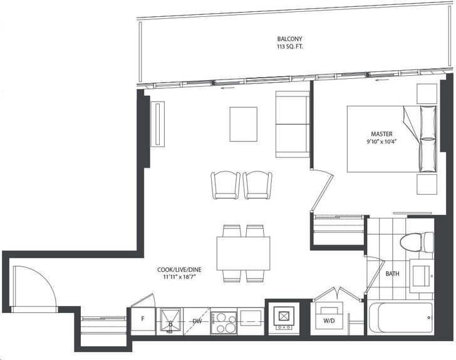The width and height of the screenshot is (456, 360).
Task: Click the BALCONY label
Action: click(x=289, y=39)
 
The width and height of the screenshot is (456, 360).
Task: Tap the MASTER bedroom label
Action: click(x=381, y=134)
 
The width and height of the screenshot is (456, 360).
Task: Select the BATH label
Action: click(x=392, y=274)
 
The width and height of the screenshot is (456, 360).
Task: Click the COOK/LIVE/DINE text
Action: click(x=179, y=270)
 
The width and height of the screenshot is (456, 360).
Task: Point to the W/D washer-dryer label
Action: click(x=329, y=321)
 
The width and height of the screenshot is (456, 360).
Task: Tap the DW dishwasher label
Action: click(x=197, y=321)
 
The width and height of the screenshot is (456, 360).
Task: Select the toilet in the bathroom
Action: click(x=417, y=242)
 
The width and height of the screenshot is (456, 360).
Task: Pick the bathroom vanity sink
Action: click(x=422, y=275)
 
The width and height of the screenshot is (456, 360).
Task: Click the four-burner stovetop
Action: click(x=224, y=322)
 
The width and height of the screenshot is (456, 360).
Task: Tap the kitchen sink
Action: click(x=169, y=321)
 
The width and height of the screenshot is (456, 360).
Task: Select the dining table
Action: click(x=243, y=254)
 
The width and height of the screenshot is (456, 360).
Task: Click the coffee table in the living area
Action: click(x=244, y=124)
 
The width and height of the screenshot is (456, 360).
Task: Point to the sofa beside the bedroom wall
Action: click(x=293, y=124)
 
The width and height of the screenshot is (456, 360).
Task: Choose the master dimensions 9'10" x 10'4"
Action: click(x=381, y=141)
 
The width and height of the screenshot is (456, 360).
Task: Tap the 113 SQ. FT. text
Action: click(x=289, y=46)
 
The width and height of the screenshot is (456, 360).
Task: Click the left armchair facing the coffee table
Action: click(x=225, y=185)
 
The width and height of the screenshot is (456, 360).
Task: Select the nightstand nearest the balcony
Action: click(x=427, y=94)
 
